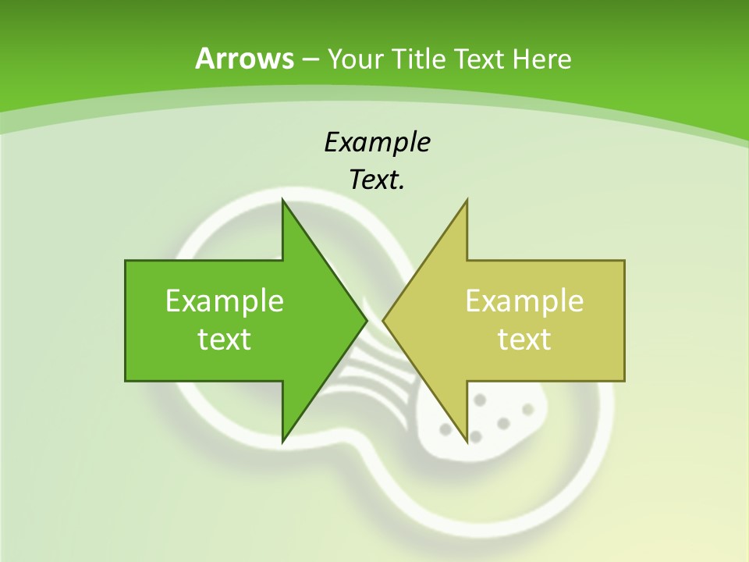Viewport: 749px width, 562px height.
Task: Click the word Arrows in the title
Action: click(244, 59)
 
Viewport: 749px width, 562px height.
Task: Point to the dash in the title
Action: click(310, 59)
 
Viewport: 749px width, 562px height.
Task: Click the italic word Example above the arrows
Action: click(377, 142)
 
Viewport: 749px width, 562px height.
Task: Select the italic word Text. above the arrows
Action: click(377, 180)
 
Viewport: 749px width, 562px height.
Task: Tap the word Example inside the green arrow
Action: click(225, 301)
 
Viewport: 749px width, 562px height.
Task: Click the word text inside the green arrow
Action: click(225, 340)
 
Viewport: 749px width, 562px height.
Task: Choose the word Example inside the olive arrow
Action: click(524, 301)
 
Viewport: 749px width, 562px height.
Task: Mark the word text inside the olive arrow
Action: click(524, 340)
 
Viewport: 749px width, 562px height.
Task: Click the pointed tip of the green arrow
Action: click(367, 320)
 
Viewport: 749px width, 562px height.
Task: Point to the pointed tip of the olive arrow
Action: click(383, 320)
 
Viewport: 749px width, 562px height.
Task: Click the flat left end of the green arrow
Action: click(126, 320)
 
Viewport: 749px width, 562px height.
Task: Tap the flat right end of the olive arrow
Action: click(624, 320)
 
